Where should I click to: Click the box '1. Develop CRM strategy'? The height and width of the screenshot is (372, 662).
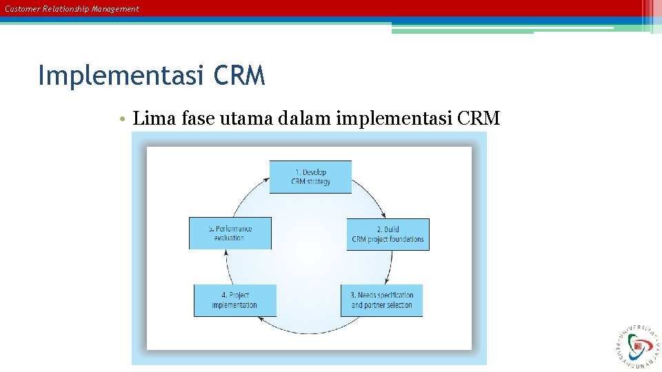[310, 177]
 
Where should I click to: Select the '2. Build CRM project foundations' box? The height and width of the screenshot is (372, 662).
[388, 234]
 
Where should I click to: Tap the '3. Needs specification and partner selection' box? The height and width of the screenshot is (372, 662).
[381, 300]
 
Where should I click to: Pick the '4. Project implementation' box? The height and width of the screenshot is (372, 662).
[234, 300]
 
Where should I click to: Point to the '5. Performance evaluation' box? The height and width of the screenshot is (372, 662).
[230, 233]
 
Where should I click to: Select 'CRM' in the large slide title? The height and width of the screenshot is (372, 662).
[239, 76]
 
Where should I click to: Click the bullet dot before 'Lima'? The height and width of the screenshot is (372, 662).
[121, 119]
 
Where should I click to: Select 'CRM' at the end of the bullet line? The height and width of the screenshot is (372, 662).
[479, 118]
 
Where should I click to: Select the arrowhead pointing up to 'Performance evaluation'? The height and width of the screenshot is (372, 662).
[227, 253]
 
